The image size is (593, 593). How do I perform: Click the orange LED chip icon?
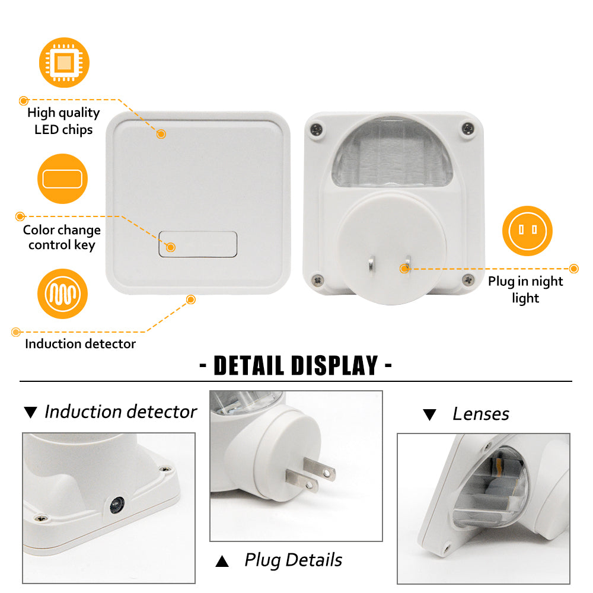[64, 62]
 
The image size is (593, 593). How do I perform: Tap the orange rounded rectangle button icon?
[62, 179]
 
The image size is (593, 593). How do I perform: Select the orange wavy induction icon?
[62, 294]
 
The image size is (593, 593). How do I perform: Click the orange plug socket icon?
[527, 231]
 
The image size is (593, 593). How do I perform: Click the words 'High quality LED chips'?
[63, 121]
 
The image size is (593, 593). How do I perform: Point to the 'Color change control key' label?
[62, 238]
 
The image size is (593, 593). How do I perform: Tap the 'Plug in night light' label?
[525, 289]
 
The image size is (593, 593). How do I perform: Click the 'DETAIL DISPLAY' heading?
[296, 366]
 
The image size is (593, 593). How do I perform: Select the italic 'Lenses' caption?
[481, 414]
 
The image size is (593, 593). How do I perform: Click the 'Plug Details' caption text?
[293, 560]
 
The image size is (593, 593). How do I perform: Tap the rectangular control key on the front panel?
[198, 244]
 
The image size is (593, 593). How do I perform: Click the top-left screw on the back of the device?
[317, 129]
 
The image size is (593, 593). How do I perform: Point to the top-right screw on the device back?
[468, 129]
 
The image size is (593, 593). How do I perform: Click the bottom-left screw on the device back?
[318, 280]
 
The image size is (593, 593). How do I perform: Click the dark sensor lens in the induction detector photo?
[117, 505]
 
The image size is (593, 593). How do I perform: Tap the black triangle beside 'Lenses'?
[429, 415]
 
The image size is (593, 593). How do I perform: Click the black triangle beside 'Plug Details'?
[222, 561]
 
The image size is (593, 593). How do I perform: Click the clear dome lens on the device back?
[392, 152]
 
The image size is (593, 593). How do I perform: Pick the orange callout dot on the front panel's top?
[161, 134]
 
